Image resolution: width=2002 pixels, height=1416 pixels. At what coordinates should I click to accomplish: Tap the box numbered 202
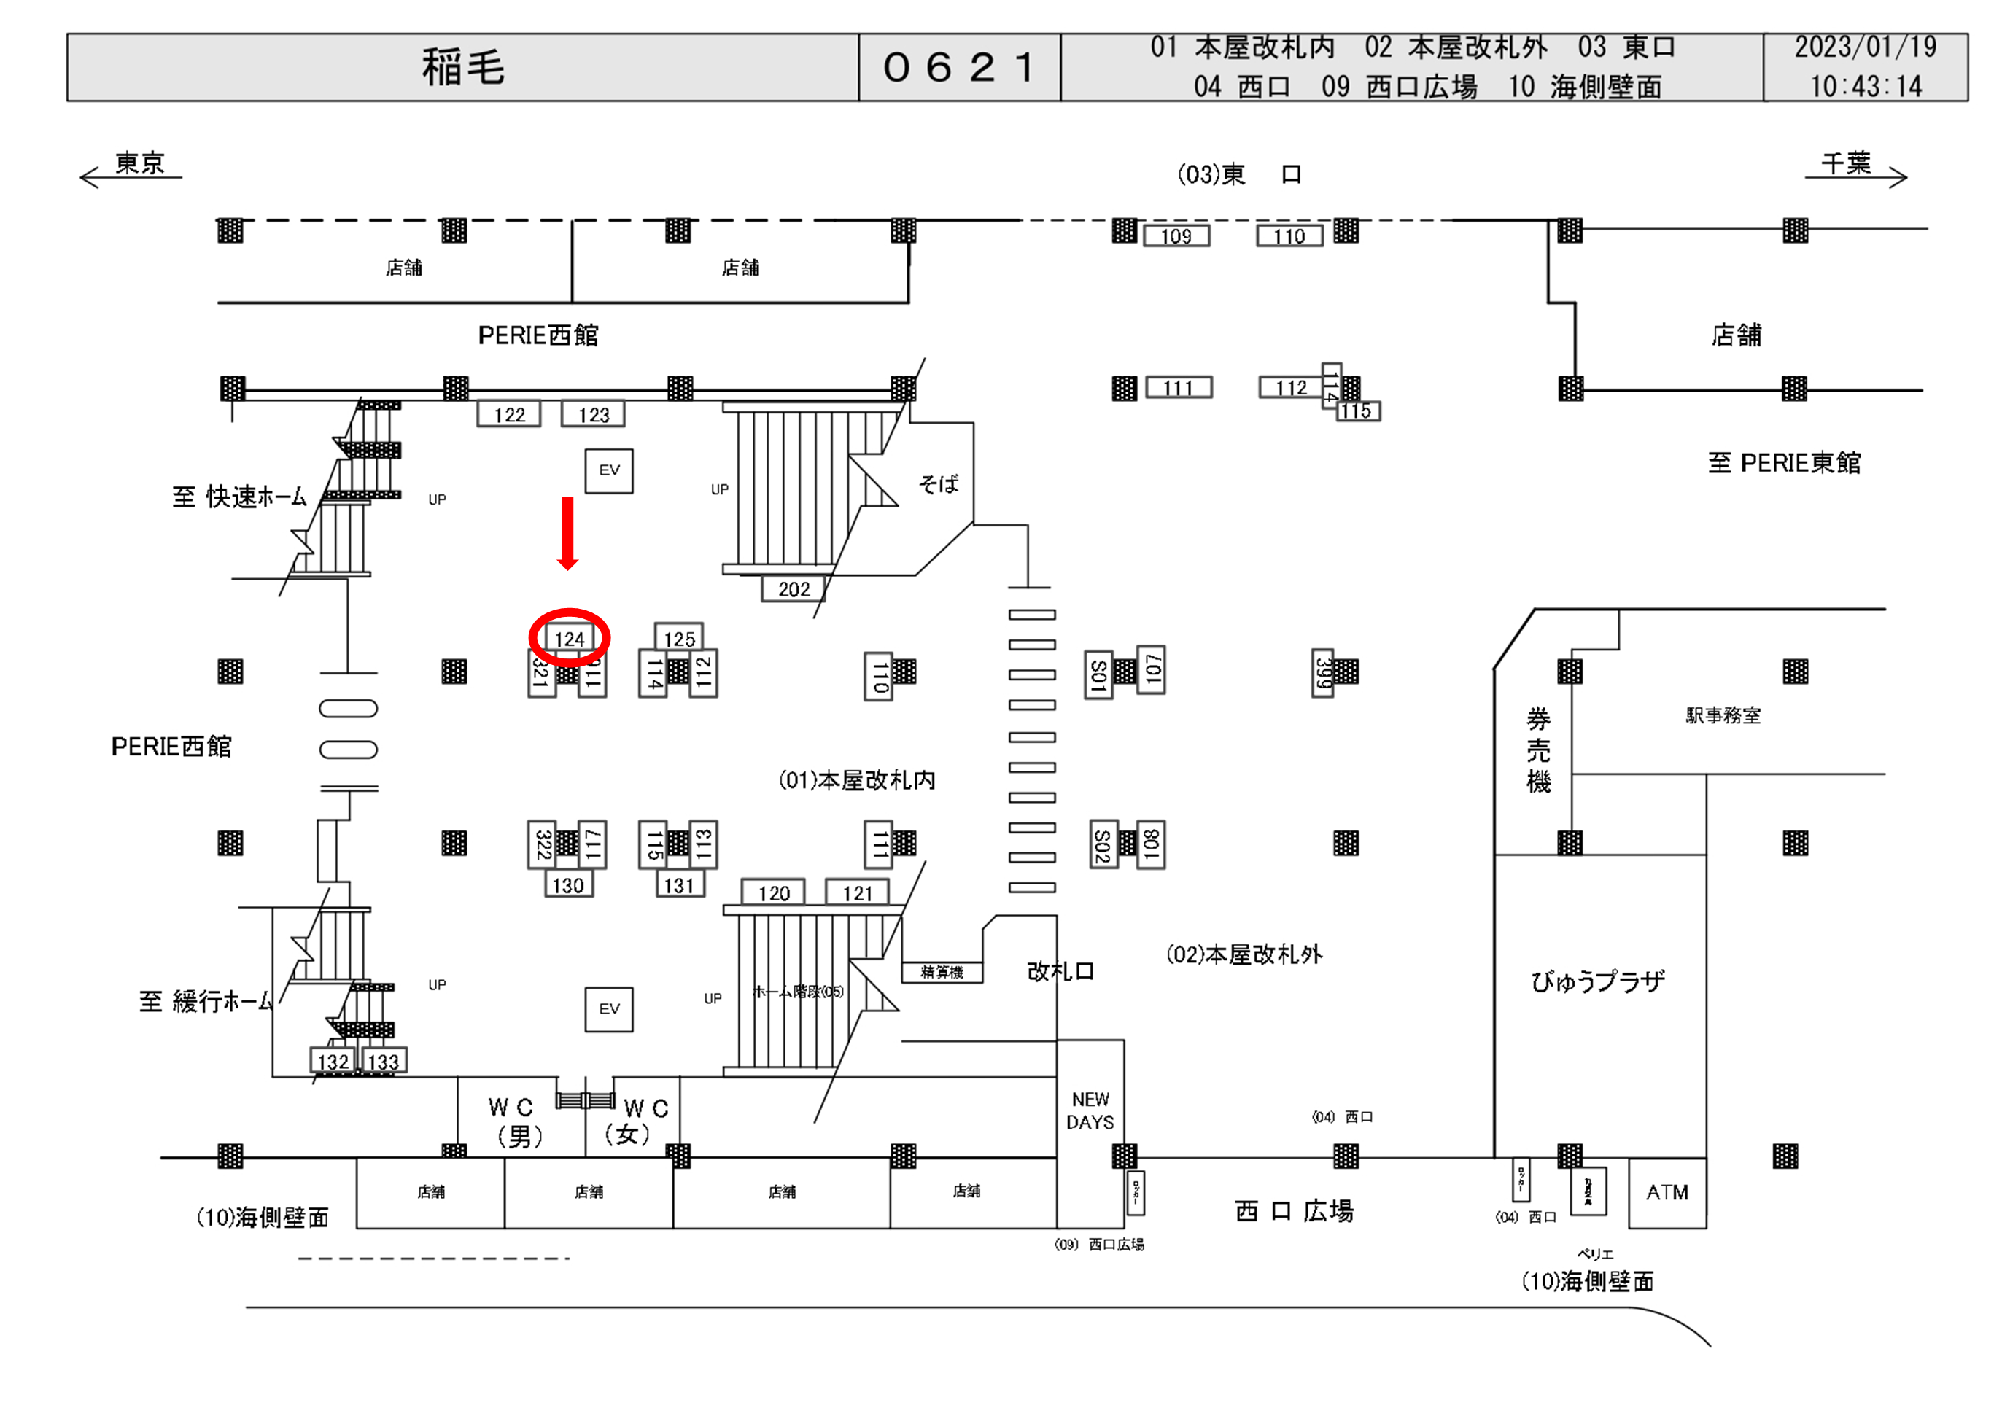coord(794,589)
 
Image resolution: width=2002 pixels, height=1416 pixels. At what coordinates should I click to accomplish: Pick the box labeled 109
coord(1176,236)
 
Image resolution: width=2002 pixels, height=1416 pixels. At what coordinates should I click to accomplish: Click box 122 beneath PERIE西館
coord(509,414)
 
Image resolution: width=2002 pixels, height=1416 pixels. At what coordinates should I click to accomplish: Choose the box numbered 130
coord(567,886)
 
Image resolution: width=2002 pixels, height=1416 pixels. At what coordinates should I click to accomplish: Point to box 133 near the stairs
coord(383,1061)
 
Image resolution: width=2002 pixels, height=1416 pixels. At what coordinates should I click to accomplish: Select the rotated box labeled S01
coord(1098,675)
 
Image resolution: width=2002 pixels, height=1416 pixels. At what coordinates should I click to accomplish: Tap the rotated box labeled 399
coord(1323,672)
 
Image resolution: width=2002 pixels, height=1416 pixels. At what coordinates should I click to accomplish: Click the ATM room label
coord(1667,1192)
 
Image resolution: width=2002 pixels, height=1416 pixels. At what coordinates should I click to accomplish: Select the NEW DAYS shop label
coord(1090,1110)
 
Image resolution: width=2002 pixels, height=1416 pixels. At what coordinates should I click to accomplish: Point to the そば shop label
coord(938,484)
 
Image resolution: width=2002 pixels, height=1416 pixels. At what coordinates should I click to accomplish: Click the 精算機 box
coord(942,971)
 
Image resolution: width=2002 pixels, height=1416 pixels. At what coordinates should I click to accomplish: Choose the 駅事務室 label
coord(1722,716)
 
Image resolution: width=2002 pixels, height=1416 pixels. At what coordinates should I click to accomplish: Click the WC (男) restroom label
coord(514,1121)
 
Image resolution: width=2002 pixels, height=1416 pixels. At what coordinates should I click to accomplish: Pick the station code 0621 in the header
coord(959,67)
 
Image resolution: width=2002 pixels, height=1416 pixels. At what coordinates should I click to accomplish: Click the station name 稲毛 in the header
coord(463,67)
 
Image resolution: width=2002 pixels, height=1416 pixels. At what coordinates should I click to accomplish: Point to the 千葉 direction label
coord(1845,163)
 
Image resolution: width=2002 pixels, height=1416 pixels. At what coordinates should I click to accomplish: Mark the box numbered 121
coord(857,893)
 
